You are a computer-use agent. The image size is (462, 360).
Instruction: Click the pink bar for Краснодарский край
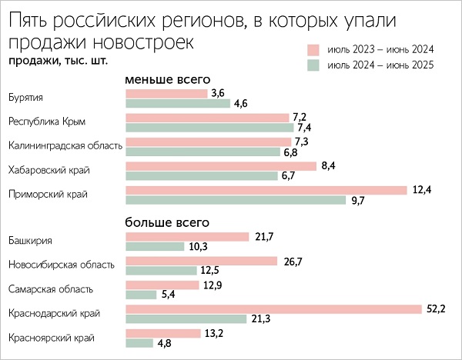(273, 308)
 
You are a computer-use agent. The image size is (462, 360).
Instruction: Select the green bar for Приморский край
(236, 200)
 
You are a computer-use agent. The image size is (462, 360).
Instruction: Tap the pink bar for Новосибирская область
(201, 261)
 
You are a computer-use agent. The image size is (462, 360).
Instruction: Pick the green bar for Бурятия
(178, 103)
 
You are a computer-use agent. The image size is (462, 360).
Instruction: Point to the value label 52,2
(436, 308)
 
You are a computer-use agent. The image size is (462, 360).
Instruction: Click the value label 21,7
(263, 236)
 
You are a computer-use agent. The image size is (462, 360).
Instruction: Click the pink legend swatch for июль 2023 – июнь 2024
(313, 49)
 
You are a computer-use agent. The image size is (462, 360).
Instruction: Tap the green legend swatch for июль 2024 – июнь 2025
(313, 66)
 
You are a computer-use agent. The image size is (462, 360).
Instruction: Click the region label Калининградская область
(65, 145)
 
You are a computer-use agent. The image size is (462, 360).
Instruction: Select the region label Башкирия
(29, 241)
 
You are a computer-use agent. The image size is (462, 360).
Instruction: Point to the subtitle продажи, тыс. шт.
(57, 60)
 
